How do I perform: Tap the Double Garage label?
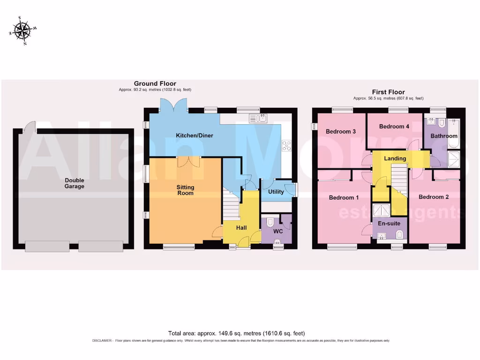click(x=75, y=183)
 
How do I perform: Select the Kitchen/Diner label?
click(x=195, y=135)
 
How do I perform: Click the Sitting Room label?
click(x=185, y=190)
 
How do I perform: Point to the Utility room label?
click(x=276, y=192)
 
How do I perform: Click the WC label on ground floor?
click(x=278, y=232)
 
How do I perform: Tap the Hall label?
click(x=241, y=228)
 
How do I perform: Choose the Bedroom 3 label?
click(x=340, y=132)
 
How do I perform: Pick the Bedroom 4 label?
click(x=394, y=127)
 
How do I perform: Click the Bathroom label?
click(x=444, y=136)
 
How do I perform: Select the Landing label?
click(x=395, y=158)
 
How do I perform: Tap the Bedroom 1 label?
click(x=344, y=198)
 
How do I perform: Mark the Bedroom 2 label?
click(x=434, y=197)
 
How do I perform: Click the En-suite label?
click(x=389, y=224)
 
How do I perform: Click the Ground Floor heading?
click(x=155, y=84)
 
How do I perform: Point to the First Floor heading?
click(x=389, y=92)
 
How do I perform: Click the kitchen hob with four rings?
click(x=286, y=145)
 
